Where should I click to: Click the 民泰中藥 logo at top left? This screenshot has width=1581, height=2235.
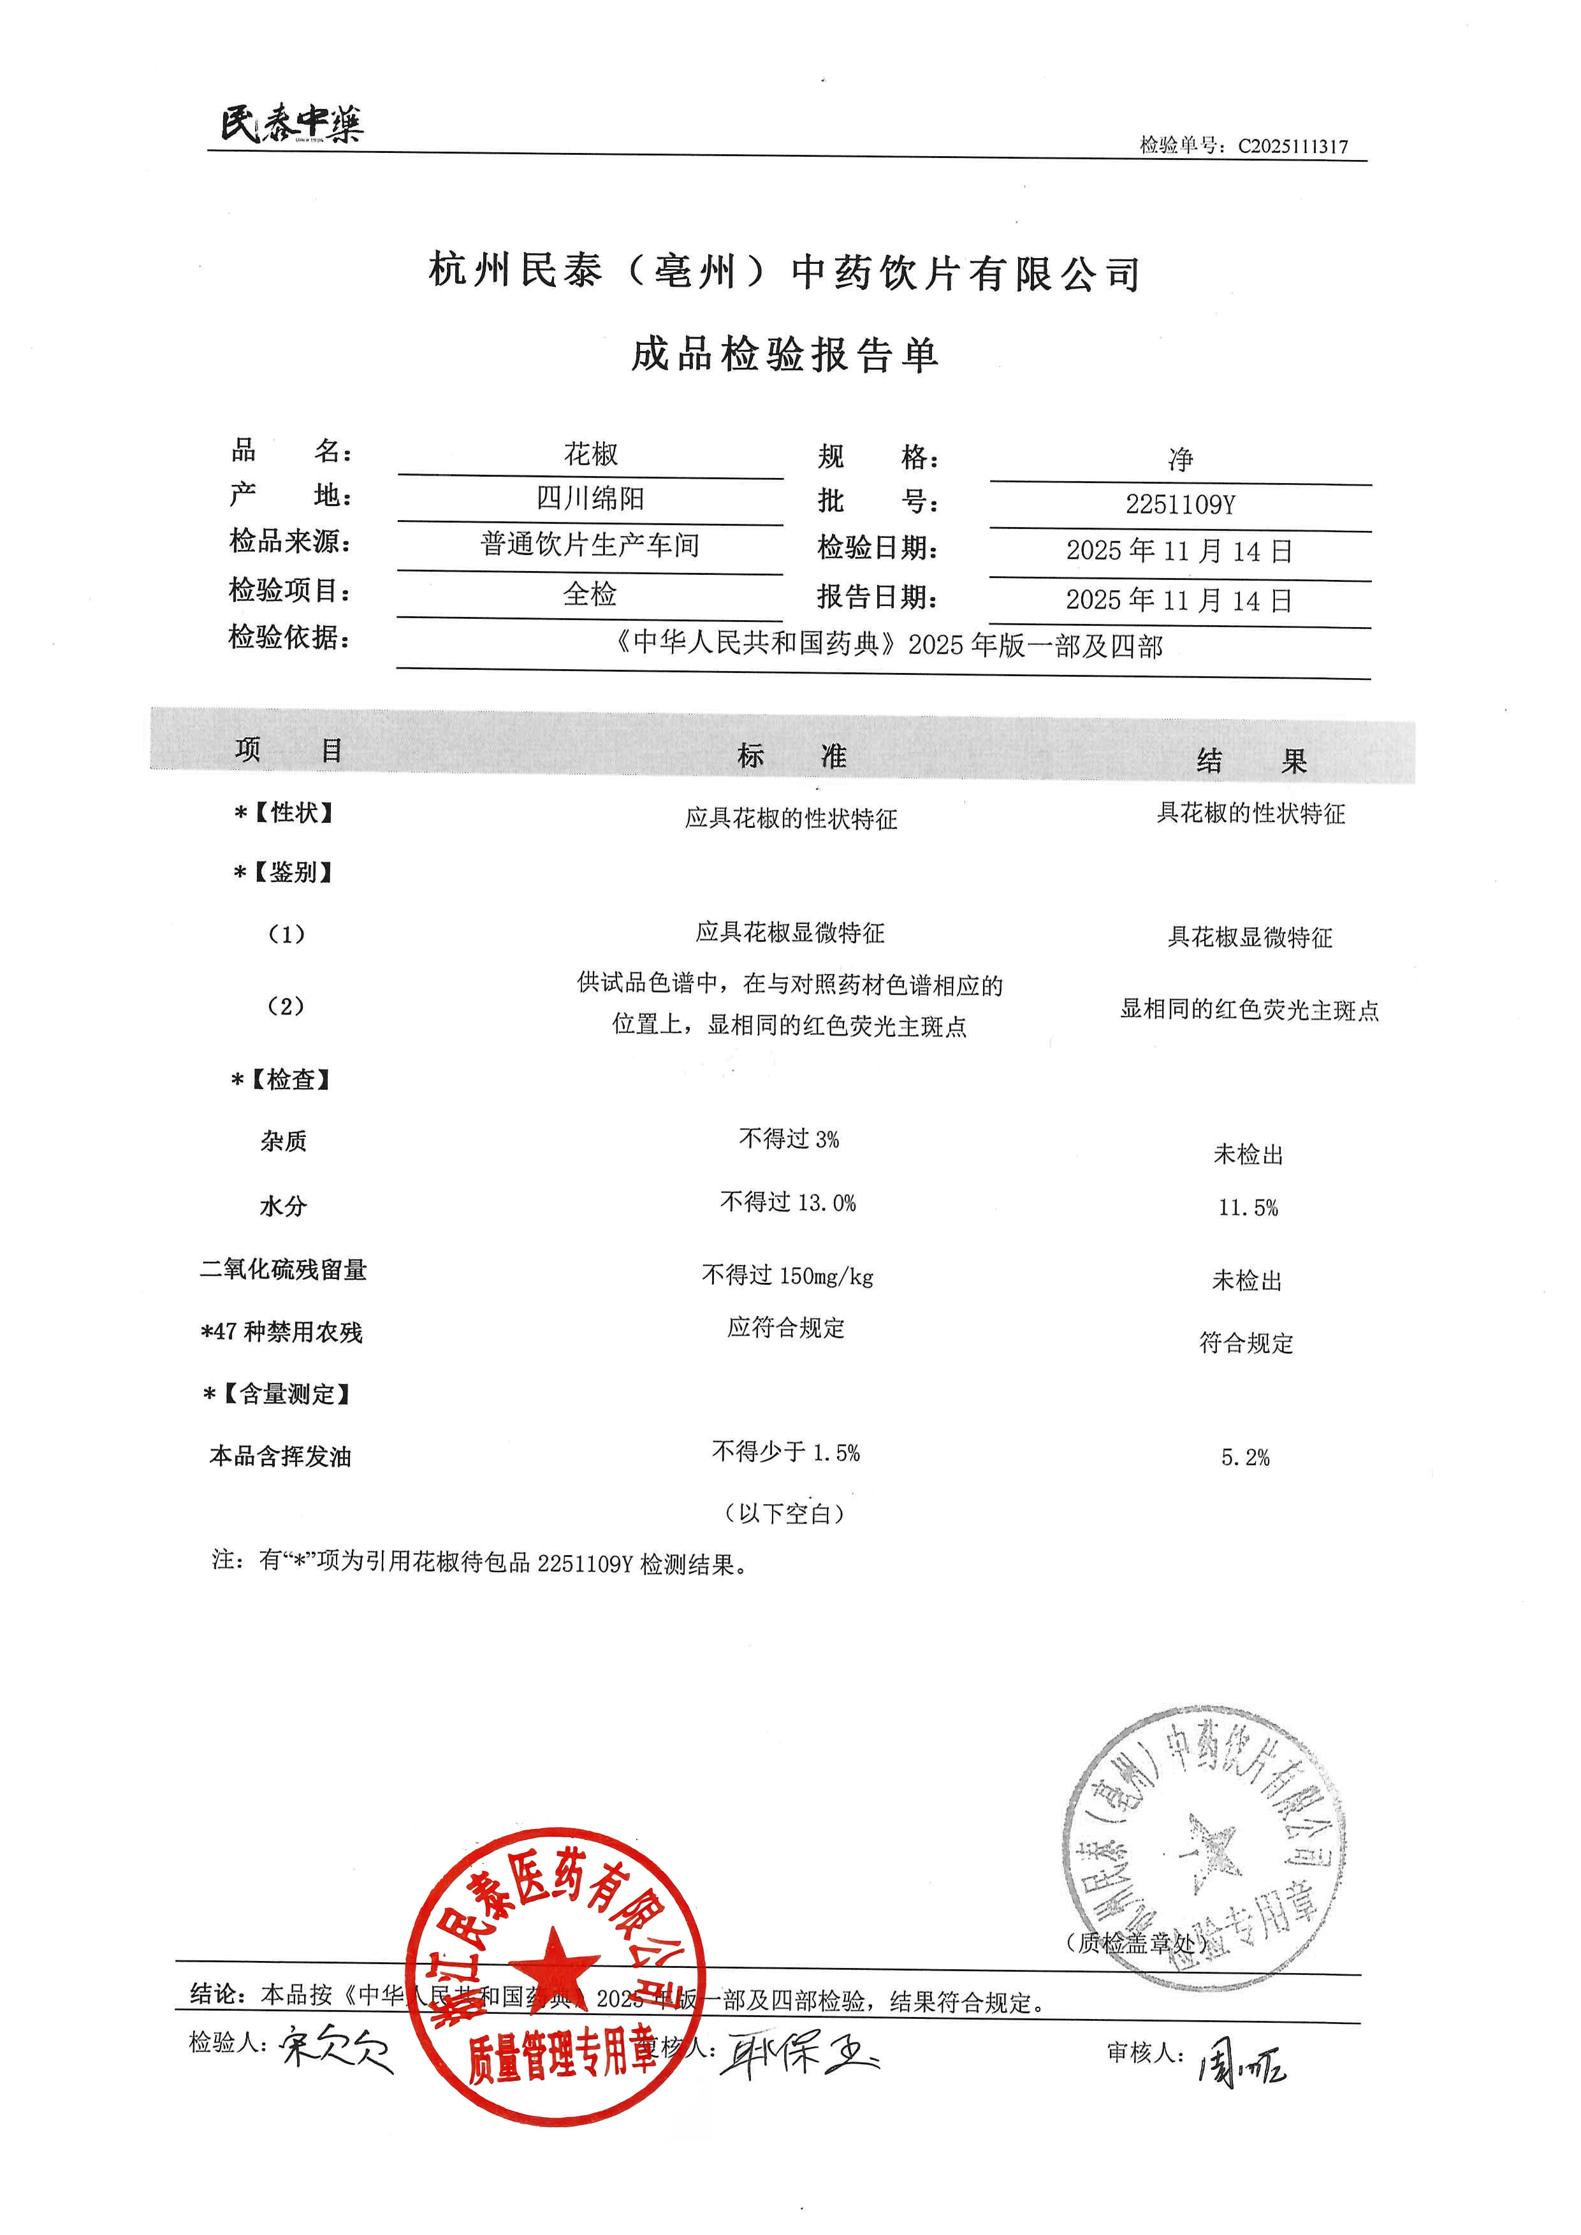pyautogui.click(x=291, y=124)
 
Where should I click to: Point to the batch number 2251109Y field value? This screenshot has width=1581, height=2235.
pyautogui.click(x=1180, y=504)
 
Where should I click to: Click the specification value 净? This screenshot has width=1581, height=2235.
pyautogui.click(x=1180, y=458)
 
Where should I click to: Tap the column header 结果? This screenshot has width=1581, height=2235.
pyautogui.click(x=1251, y=760)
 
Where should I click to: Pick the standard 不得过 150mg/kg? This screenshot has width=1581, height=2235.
pyautogui.click(x=787, y=1275)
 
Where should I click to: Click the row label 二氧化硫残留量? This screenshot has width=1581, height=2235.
pyautogui.click(x=283, y=1269)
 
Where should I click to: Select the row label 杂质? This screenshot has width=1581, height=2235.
pyautogui.click(x=283, y=1141)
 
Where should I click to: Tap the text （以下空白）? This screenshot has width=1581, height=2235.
pyautogui.click(x=785, y=1514)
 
